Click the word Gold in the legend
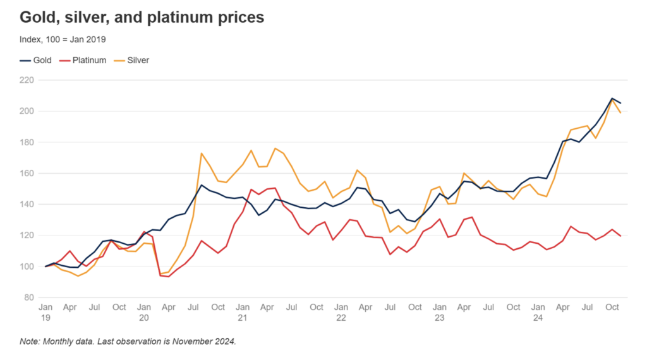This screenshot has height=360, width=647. click(42, 61)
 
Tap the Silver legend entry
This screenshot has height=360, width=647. click(138, 61)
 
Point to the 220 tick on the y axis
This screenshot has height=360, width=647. click(27, 80)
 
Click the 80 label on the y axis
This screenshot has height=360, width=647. click(28, 297)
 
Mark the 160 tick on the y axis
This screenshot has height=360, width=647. click(27, 173)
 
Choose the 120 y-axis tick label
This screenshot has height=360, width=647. click(27, 235)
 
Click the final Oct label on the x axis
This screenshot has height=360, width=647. click(612, 308)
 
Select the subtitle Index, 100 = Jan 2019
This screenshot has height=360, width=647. click(63, 39)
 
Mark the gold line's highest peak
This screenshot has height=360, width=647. click(612, 99)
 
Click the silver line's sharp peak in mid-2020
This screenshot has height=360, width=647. click(202, 153)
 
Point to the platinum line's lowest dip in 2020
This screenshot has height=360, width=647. click(169, 277)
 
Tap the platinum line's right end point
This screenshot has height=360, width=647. click(620, 236)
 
